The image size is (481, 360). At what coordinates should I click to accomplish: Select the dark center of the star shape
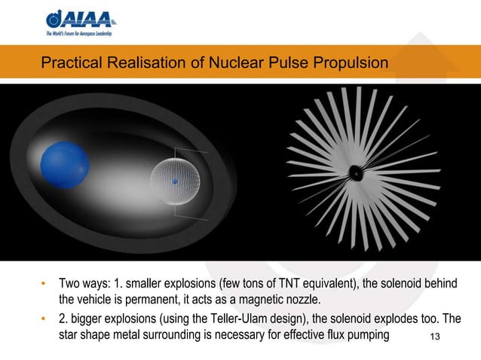352,172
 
